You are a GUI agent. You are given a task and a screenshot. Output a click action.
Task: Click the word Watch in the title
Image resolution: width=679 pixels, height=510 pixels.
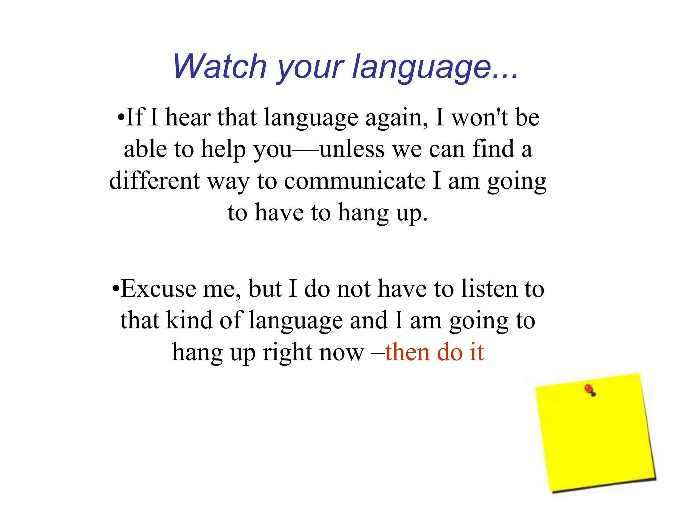click(220, 66)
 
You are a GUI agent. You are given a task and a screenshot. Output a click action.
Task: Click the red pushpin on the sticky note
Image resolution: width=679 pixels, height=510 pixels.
click(589, 389)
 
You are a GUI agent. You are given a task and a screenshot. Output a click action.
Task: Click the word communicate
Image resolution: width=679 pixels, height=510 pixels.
click(354, 181)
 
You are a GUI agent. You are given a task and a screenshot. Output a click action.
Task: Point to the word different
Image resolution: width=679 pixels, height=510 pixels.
click(154, 181)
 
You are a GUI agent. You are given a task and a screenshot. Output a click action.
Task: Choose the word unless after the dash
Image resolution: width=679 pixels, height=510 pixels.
click(352, 149)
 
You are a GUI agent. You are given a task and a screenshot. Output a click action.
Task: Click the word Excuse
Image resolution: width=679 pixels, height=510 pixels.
click(158, 289)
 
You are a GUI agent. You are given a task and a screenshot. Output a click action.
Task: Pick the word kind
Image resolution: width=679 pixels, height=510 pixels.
click(189, 320)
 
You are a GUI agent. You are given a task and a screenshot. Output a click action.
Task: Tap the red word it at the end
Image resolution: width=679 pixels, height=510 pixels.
click(477, 352)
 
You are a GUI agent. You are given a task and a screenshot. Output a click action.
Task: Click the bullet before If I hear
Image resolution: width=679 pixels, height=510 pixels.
click(121, 118)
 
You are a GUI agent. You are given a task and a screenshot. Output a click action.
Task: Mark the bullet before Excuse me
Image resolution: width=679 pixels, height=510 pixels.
click(115, 289)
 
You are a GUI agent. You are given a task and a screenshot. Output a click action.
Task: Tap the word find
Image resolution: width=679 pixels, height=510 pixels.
click(494, 149)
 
